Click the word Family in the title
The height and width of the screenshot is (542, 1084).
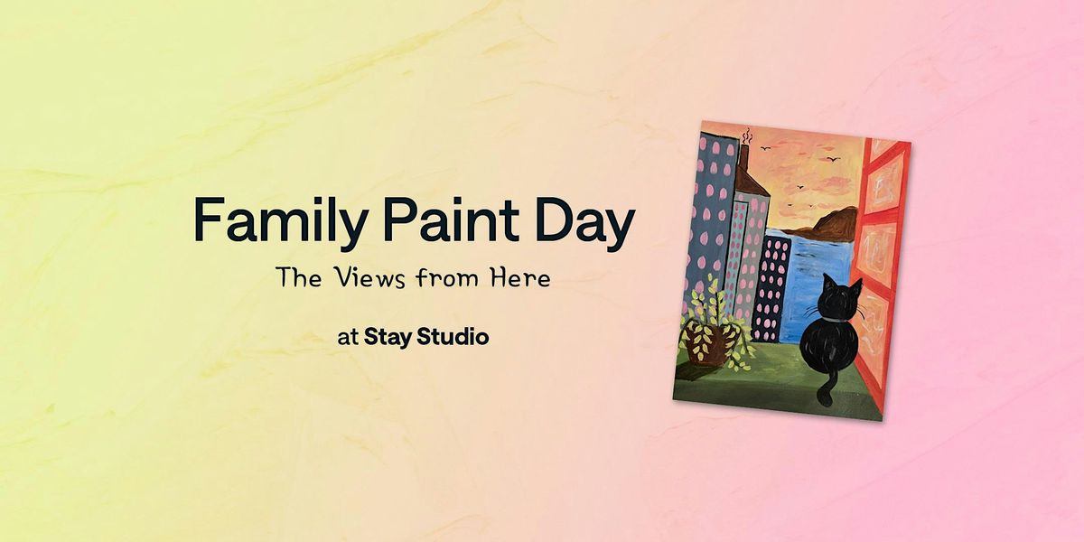coord(280,222)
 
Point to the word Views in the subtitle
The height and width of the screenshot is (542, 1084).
coord(369,278)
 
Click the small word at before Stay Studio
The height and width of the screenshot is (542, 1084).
coord(348,338)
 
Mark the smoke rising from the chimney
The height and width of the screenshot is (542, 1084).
coord(748,136)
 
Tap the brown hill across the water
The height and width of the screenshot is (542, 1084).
coord(823,226)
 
